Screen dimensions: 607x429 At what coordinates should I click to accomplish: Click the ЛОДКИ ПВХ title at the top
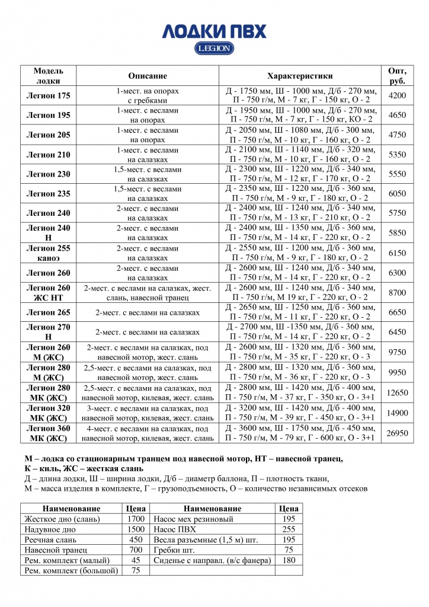[214, 31]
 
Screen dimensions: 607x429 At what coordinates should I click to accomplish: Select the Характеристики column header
[300, 76]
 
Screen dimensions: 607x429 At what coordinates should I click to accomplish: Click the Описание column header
[148, 76]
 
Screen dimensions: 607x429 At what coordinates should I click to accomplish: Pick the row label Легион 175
[48, 95]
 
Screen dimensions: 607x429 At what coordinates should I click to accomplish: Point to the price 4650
[397, 115]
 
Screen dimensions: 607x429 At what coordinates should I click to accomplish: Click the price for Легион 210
[397, 155]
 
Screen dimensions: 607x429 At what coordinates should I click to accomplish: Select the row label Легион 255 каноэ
[48, 253]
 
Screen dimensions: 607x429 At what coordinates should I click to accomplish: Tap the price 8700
[397, 292]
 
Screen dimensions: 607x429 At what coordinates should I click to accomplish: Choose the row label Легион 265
[48, 312]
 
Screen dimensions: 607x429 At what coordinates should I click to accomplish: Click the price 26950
[397, 433]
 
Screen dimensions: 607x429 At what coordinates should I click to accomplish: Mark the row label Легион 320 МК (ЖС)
[48, 413]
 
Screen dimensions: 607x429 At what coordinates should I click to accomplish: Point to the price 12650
[397, 392]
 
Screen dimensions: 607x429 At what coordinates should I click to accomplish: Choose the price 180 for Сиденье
[289, 560]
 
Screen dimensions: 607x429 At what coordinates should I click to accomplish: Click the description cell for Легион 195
[148, 115]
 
